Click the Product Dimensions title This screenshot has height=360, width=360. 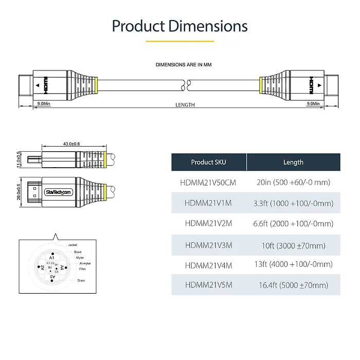tap(179, 26)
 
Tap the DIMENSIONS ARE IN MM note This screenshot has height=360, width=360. tap(184, 65)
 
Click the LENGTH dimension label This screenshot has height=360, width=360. tap(185, 105)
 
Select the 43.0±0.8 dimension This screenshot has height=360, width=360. tap(71, 143)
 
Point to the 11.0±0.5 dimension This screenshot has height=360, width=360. tap(19, 159)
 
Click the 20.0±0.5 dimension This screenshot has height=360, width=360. tap(19, 192)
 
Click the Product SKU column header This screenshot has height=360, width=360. tap(208, 162)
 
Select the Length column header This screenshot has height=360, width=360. tap(293, 162)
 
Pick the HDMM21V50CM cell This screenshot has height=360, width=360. tap(208, 183)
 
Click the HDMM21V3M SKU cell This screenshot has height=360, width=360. tap(208, 245)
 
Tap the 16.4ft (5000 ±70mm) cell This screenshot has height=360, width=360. tap(293, 285)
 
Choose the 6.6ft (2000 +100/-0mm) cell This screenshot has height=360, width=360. tap(293, 224)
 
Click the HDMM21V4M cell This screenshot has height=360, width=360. tap(208, 265)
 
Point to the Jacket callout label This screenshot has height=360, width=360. tap(73, 245)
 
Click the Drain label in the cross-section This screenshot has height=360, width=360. tap(81, 280)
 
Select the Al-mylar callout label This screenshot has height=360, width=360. tap(85, 263)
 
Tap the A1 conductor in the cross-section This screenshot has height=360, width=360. tap(51, 257)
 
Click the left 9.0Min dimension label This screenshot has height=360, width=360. tap(44, 104)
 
